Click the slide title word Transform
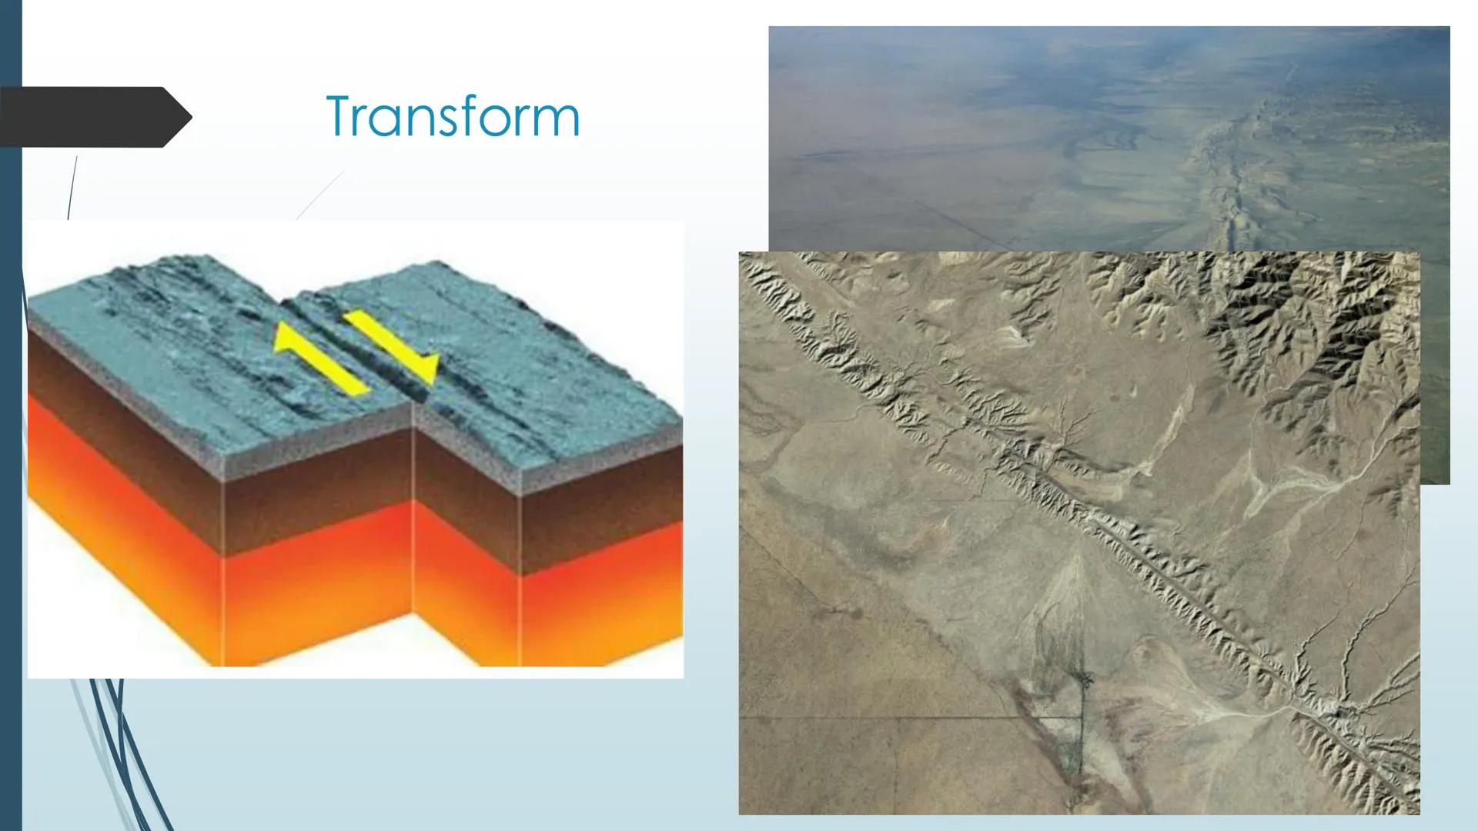(x=453, y=117)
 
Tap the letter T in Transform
(x=340, y=117)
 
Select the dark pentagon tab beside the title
(x=95, y=117)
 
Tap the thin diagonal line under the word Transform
(x=320, y=195)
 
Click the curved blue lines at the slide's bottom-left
(x=115, y=754)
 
